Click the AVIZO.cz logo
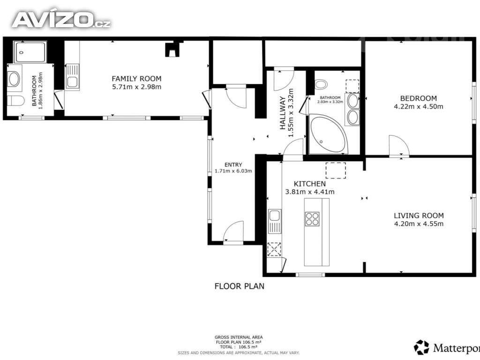[x=61, y=20]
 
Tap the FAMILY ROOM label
[x=136, y=79]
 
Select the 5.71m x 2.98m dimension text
[x=136, y=87]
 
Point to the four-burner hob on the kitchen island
[x=312, y=219]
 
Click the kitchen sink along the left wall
[x=275, y=221]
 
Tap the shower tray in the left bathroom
[x=30, y=52]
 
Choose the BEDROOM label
[x=419, y=98]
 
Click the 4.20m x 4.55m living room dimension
[x=419, y=224]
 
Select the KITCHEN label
[x=310, y=184]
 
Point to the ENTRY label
[x=233, y=165]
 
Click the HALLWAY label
[x=283, y=113]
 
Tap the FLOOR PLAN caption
[x=240, y=286]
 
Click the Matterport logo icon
[x=421, y=347]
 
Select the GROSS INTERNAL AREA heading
[x=239, y=337]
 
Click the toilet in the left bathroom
[x=15, y=100]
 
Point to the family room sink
[x=73, y=77]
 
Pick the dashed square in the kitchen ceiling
[x=336, y=171]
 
